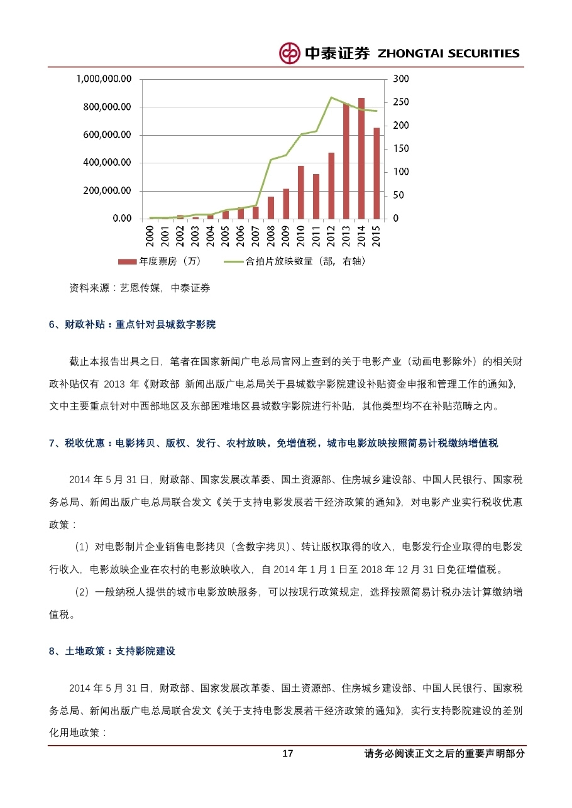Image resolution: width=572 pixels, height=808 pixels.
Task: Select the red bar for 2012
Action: coord(331,185)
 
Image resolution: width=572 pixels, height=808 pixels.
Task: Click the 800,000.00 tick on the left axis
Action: coord(107,107)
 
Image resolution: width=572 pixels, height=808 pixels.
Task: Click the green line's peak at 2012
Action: coord(331,97)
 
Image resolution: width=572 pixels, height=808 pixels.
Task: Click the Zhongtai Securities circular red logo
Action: coord(290,53)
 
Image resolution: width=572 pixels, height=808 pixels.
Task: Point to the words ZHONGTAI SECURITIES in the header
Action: coord(448,54)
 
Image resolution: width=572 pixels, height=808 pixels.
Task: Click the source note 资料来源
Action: coord(89,288)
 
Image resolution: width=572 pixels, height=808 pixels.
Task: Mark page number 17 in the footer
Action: coord(288,754)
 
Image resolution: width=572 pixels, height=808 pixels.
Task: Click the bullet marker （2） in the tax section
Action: coord(82,592)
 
